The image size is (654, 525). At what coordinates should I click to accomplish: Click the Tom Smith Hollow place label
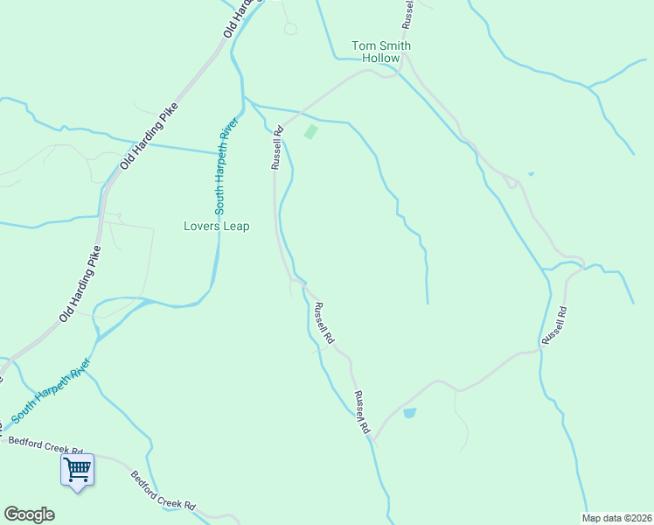tap(381, 52)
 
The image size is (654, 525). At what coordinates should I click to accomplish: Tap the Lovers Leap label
tap(216, 226)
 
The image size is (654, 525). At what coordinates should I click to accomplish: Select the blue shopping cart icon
tap(77, 470)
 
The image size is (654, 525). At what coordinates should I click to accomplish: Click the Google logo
tap(29, 514)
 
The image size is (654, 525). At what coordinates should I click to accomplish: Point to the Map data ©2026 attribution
tap(617, 518)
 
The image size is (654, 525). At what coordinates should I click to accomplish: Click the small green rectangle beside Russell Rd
tap(310, 132)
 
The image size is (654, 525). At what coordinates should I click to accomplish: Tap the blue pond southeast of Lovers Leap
tap(409, 413)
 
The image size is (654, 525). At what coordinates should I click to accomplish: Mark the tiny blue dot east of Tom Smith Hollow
tap(531, 173)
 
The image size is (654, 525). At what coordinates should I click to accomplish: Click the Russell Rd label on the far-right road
tap(554, 324)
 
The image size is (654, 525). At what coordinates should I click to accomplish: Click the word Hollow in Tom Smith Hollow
tap(381, 58)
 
